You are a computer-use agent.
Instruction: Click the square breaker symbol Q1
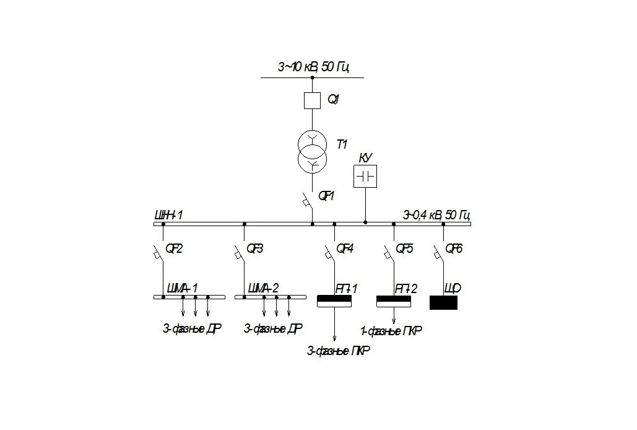[x=312, y=100]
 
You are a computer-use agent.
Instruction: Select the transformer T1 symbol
[x=312, y=152]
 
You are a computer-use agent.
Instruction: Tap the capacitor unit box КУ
[x=365, y=177]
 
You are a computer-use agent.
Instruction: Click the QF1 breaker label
[x=326, y=196]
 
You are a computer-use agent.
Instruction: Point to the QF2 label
[x=175, y=248]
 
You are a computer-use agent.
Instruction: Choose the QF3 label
[x=254, y=248]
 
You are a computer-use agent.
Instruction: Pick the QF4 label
[x=345, y=248]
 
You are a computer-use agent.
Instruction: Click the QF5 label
[x=404, y=248]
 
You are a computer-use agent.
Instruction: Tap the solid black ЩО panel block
[x=443, y=302]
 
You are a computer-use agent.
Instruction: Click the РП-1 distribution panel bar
[x=334, y=302]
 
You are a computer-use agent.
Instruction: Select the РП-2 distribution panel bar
[x=394, y=302]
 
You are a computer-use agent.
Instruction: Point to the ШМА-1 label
[x=183, y=288]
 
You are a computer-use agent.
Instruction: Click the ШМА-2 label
[x=263, y=288]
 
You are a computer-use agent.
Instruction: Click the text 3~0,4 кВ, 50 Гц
[x=436, y=216]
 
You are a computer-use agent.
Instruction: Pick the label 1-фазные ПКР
[x=391, y=331]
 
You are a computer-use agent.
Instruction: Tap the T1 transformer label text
[x=342, y=144]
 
